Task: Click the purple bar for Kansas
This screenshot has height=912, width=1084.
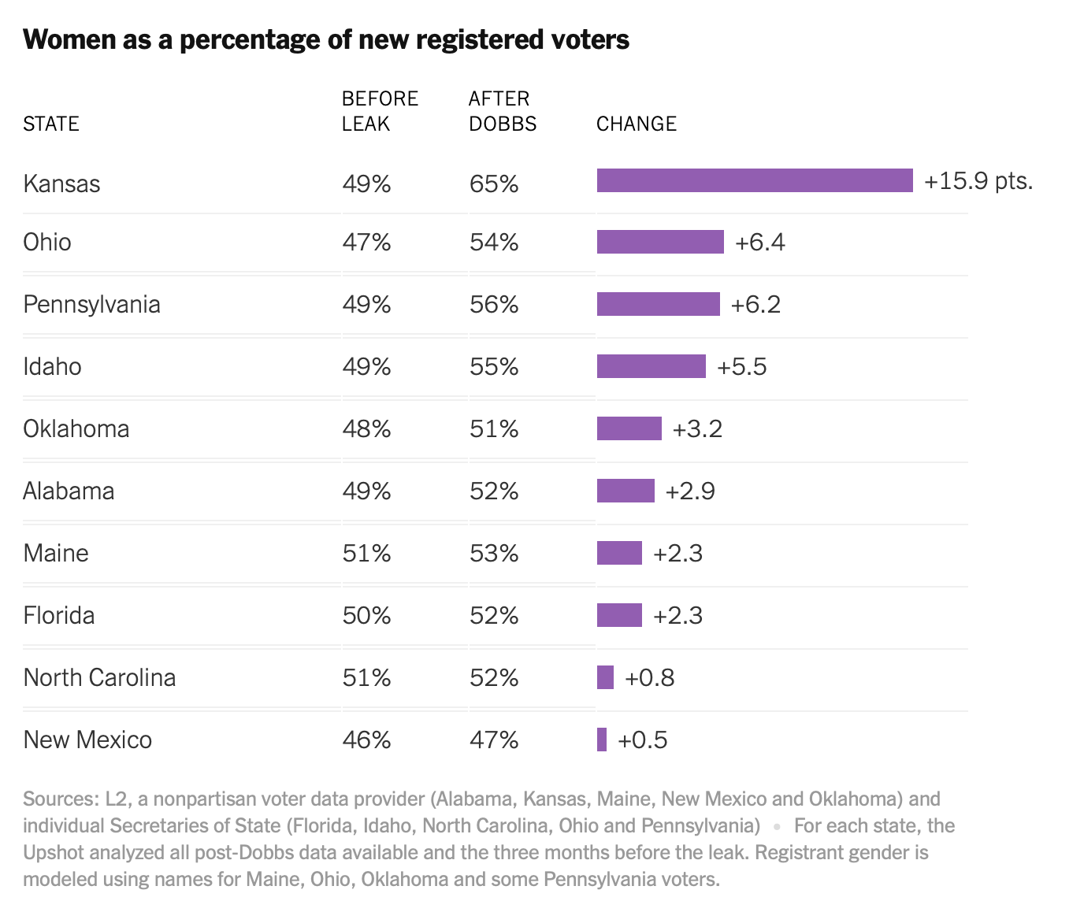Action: (x=755, y=180)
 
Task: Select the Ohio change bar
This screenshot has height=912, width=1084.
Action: (x=660, y=242)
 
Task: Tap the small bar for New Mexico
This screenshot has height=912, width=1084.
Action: (x=602, y=740)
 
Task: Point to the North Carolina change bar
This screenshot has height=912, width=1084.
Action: (x=605, y=677)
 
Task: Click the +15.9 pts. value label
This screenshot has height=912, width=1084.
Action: (x=978, y=181)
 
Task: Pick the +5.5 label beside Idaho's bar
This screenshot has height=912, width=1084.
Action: (x=741, y=367)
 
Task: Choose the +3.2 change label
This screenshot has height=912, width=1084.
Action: (x=697, y=429)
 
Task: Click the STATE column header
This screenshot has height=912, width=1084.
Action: (x=51, y=124)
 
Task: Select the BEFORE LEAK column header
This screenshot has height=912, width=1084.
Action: (x=380, y=111)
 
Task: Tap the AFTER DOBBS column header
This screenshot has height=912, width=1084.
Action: (x=502, y=111)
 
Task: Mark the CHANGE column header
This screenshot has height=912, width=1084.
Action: (x=636, y=124)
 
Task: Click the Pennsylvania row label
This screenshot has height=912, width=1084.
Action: (x=91, y=305)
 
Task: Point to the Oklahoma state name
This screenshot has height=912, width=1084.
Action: (x=76, y=429)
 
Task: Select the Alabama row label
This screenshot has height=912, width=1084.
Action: (x=69, y=491)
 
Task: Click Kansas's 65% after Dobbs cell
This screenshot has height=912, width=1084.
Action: (x=494, y=184)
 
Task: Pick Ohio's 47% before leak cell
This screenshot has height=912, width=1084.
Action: (x=366, y=243)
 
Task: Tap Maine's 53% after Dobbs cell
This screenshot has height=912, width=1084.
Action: (x=494, y=554)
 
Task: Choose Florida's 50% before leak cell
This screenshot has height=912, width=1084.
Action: (x=366, y=616)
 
